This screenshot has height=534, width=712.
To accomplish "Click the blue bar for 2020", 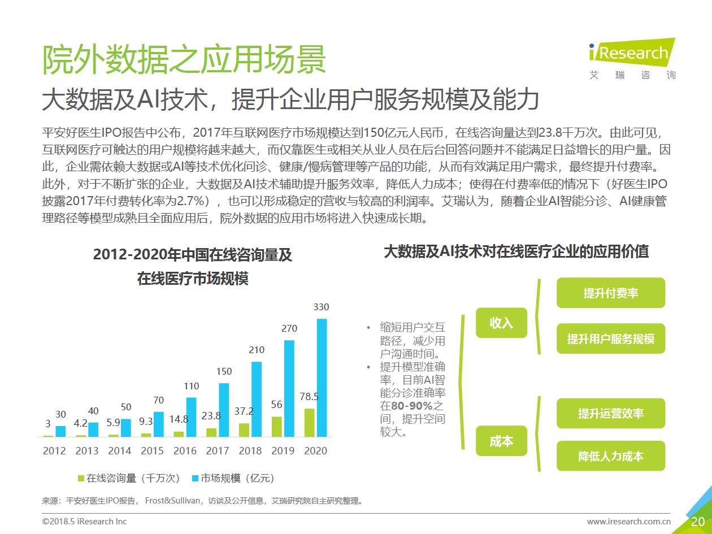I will point(322,377).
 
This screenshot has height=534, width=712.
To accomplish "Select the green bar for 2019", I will point(276,427).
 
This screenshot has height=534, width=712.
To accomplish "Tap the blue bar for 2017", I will point(224,410).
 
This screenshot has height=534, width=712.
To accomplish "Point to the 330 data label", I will point(321,307).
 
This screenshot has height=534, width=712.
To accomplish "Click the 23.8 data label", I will point(211,416).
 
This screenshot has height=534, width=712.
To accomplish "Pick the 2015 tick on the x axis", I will point(152,450).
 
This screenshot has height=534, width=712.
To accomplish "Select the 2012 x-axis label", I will point(54,450).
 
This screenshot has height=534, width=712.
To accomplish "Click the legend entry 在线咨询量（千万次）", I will point(129,478).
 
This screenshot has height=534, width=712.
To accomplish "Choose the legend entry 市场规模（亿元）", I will point(233,478).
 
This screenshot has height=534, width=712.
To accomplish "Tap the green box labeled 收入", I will point(501,323).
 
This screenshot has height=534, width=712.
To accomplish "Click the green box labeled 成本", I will point(501,441).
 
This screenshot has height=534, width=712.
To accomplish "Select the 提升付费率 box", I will point(610,293).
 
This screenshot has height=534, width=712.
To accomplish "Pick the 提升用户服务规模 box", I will point(610,339).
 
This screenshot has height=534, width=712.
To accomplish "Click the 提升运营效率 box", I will point(610,414).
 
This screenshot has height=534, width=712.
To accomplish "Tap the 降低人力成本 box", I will point(610,456).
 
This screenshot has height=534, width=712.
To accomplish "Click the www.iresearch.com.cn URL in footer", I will point(628,522).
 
